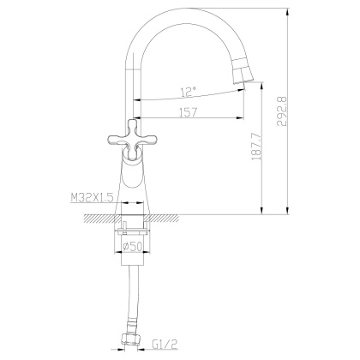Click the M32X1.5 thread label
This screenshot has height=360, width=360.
[93, 198]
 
